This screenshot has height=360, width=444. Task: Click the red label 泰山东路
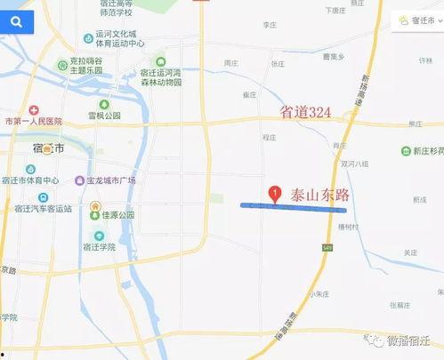pyautogui.click(x=318, y=195)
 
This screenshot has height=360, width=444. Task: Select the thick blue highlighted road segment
pyautogui.click(x=294, y=207)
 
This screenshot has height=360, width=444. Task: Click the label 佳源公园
pyautogui.click(x=116, y=215)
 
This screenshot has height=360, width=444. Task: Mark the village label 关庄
pyautogui.click(x=409, y=252)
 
